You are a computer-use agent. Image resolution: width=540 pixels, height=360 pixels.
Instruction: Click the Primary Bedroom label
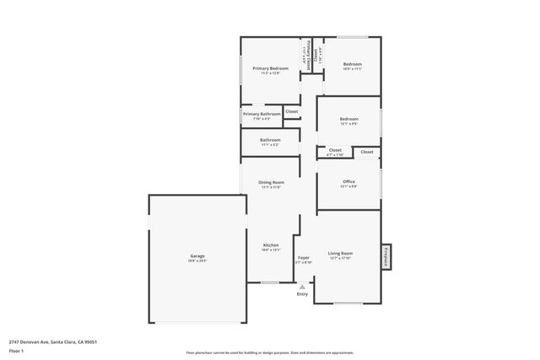click(270, 68)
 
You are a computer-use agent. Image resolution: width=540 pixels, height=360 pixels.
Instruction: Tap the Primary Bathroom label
click(262, 114)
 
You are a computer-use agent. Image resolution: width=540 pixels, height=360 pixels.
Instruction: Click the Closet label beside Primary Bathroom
click(291, 111)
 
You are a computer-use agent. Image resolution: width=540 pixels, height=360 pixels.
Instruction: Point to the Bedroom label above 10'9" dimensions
click(352, 64)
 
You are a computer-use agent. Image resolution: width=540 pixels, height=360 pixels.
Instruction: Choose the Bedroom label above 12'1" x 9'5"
click(348, 119)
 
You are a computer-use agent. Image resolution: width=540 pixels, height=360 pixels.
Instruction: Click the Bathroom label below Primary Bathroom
click(270, 140)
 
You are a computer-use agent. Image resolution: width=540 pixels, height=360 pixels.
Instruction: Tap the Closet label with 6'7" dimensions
click(335, 150)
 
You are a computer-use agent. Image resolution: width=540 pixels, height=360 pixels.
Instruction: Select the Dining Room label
click(271, 182)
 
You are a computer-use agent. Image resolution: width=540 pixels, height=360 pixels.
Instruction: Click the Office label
click(348, 181)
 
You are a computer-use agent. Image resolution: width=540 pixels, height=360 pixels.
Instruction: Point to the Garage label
click(197, 255)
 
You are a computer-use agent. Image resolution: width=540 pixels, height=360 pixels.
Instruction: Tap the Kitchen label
click(270, 245)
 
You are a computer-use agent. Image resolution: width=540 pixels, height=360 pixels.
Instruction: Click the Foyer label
click(304, 258)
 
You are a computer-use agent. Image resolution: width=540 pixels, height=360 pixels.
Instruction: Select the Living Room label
click(340, 253)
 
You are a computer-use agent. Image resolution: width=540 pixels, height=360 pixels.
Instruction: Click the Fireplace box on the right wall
click(386, 255)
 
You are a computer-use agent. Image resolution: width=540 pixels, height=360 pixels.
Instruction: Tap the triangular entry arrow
click(302, 287)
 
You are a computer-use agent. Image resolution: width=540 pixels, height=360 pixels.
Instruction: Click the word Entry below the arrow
click(302, 294)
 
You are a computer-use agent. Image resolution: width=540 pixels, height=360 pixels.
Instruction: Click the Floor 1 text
click(16, 350)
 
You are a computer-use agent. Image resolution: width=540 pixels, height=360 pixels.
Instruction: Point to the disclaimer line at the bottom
click(269, 352)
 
